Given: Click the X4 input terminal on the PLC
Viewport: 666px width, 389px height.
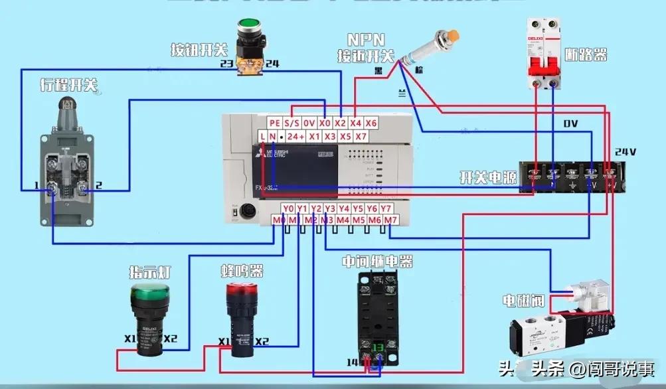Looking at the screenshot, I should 356,123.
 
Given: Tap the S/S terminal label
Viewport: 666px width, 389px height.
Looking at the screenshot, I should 292,123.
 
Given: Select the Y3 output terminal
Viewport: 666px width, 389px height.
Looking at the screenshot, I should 330,208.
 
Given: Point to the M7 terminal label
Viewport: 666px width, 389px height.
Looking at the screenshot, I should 391,220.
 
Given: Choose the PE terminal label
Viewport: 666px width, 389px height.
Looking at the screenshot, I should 275,123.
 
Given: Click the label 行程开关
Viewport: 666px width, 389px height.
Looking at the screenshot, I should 68,85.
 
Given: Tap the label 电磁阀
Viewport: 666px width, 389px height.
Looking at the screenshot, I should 523,301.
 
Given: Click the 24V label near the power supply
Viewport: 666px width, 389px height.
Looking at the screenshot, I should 625,151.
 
